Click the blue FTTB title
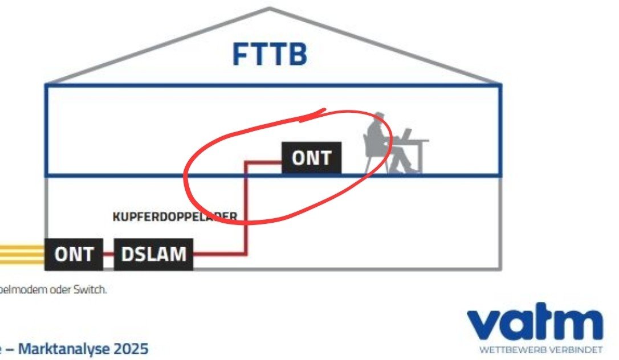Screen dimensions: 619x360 [x=270, y=55]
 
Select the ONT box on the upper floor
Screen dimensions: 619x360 [x=312, y=158]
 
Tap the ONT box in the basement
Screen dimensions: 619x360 [x=74, y=254]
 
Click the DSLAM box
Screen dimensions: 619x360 [x=153, y=254]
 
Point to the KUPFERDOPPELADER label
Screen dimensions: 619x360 [x=174, y=216]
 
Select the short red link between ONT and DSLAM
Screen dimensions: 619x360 [x=109, y=254]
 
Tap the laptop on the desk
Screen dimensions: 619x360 [x=404, y=135]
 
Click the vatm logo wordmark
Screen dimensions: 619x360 [x=535, y=324]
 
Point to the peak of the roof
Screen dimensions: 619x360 [x=270, y=9]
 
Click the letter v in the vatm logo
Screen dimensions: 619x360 [x=484, y=325]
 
